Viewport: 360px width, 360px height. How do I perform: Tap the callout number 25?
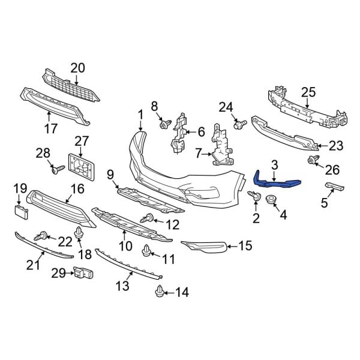pyautogui.click(x=308, y=92)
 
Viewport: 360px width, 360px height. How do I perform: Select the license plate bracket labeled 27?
pyautogui.click(x=83, y=166)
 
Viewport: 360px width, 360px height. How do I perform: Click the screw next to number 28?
pyautogui.click(x=58, y=171)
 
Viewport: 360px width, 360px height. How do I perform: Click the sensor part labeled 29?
pyautogui.click(x=82, y=273)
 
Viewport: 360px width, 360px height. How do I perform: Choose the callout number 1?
pyautogui.click(x=140, y=114)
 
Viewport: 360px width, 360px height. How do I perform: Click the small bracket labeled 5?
pyautogui.click(x=334, y=188)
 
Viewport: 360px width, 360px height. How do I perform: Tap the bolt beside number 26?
pyautogui.click(x=312, y=160)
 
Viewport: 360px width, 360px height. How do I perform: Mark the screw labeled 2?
pyautogui.click(x=254, y=196)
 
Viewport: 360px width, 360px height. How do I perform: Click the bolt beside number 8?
pyautogui.click(x=164, y=125)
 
